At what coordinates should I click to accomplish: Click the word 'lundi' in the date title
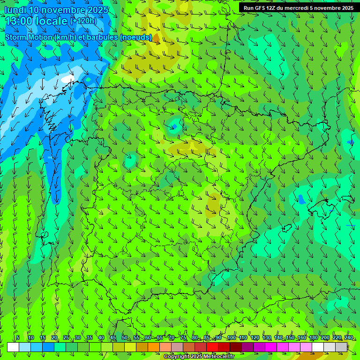15,10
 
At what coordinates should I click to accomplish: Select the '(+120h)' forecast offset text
83,21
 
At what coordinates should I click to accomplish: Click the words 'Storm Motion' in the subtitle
29,37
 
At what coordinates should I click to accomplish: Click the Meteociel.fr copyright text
199,357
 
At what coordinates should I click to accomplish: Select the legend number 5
18,337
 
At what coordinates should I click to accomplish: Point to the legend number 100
231,337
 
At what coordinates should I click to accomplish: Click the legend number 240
348,337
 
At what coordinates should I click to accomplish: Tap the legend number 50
124,337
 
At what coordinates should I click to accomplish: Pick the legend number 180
313,337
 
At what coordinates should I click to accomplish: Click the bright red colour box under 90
212,347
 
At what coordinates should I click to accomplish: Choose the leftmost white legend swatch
13,347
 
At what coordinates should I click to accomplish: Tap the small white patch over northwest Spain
68,79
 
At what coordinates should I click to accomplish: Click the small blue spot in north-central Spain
174,126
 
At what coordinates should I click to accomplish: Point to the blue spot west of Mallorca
301,199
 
